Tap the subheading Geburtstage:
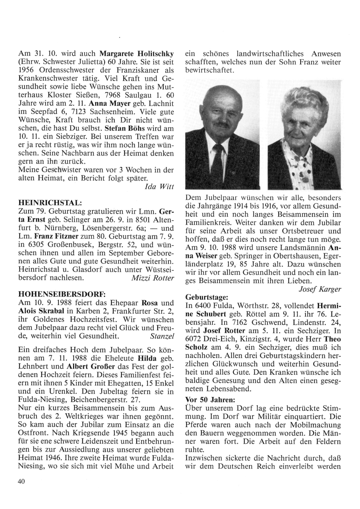pos(206,298)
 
